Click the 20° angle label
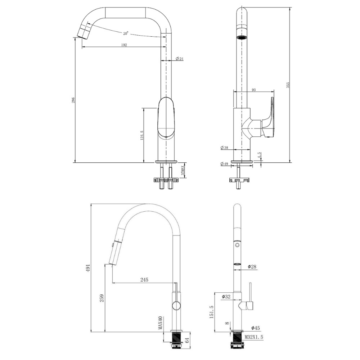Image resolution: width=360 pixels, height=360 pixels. [x=125, y=33]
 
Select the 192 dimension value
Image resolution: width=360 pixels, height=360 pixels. [x=124, y=45]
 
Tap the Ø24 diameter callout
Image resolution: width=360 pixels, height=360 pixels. [x=180, y=59]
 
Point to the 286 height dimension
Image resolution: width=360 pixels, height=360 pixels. [x=73, y=100]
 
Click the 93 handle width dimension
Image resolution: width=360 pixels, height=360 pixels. [x=254, y=90]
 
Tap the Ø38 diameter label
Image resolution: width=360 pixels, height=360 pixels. [x=224, y=148]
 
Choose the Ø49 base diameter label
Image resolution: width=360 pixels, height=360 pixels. [x=224, y=164]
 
